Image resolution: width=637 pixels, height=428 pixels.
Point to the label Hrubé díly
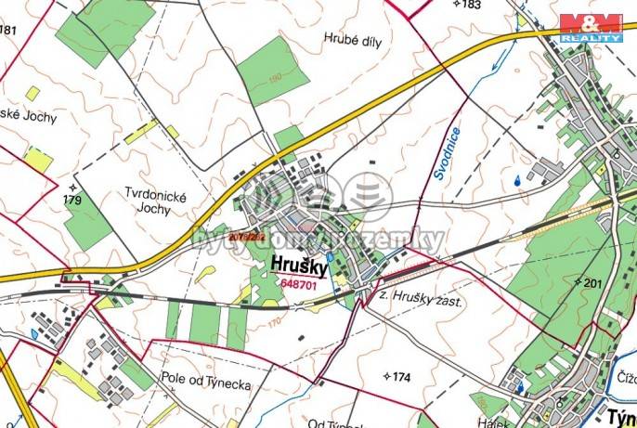coord(354,39)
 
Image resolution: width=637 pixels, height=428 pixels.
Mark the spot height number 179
coord(72,200)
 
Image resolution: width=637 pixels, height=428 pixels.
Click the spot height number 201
coord(592,282)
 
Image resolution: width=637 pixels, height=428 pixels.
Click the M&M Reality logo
coord(591,27)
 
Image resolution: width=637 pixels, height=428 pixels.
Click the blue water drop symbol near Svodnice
coord(515,182)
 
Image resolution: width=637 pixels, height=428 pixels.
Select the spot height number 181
coord(8,30)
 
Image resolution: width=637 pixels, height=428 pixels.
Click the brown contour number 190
coord(274,79)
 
